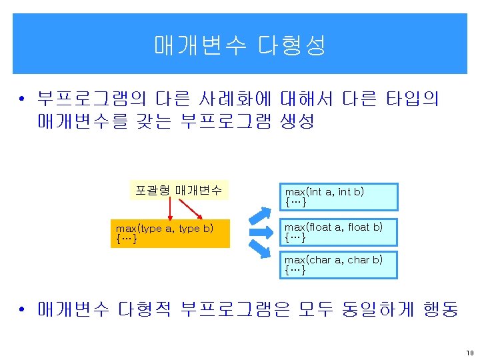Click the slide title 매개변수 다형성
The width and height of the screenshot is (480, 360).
[240, 45]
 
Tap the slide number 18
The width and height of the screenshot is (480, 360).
[469, 351]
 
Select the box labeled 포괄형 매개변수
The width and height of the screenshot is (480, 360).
[179, 190]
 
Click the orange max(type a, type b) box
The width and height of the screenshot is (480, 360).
[169, 233]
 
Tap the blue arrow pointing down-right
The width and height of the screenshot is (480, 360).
[261, 253]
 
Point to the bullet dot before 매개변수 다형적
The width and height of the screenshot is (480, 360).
[22, 311]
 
